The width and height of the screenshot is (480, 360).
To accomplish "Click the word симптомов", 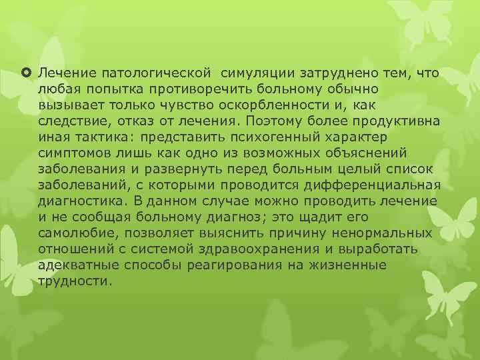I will (x=68, y=153).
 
